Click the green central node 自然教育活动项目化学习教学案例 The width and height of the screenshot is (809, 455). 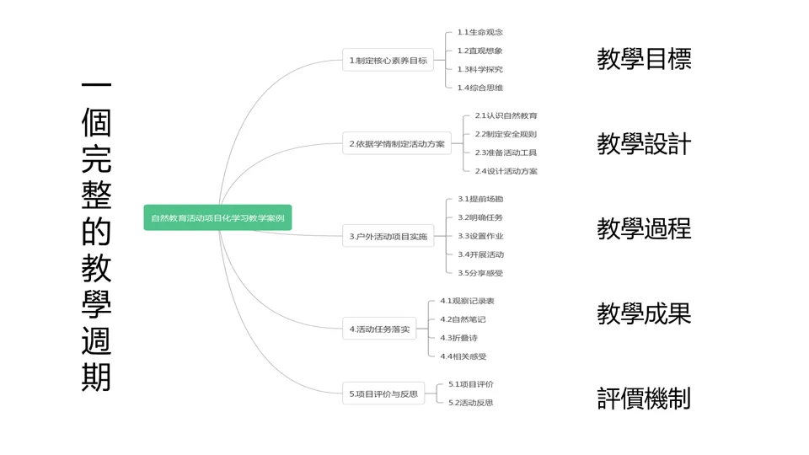(217, 217)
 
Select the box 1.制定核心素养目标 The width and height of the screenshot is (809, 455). (388, 61)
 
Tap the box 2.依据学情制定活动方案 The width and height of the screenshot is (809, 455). (397, 143)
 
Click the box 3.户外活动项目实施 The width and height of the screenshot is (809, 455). (388, 237)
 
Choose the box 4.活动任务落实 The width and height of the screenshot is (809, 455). (379, 329)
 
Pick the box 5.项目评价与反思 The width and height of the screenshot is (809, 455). (383, 393)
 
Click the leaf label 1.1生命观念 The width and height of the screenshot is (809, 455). (480, 32)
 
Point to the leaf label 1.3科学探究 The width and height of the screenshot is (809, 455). (480, 69)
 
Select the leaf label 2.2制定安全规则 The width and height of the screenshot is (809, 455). (505, 134)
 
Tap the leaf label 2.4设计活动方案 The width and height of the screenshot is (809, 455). (506, 171)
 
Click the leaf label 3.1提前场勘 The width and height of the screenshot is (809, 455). (480, 199)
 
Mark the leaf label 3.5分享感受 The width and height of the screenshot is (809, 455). (480, 273)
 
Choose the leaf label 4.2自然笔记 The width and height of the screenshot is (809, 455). (463, 319)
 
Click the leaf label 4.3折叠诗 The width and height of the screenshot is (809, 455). (459, 338)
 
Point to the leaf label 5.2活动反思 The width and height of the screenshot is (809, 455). (470, 403)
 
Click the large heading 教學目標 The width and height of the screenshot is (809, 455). (644, 59)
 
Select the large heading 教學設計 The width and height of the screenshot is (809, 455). (644, 144)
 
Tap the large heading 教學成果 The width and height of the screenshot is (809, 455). (644, 313)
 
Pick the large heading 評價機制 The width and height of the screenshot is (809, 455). (644, 398)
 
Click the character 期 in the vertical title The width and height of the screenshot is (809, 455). (96, 377)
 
